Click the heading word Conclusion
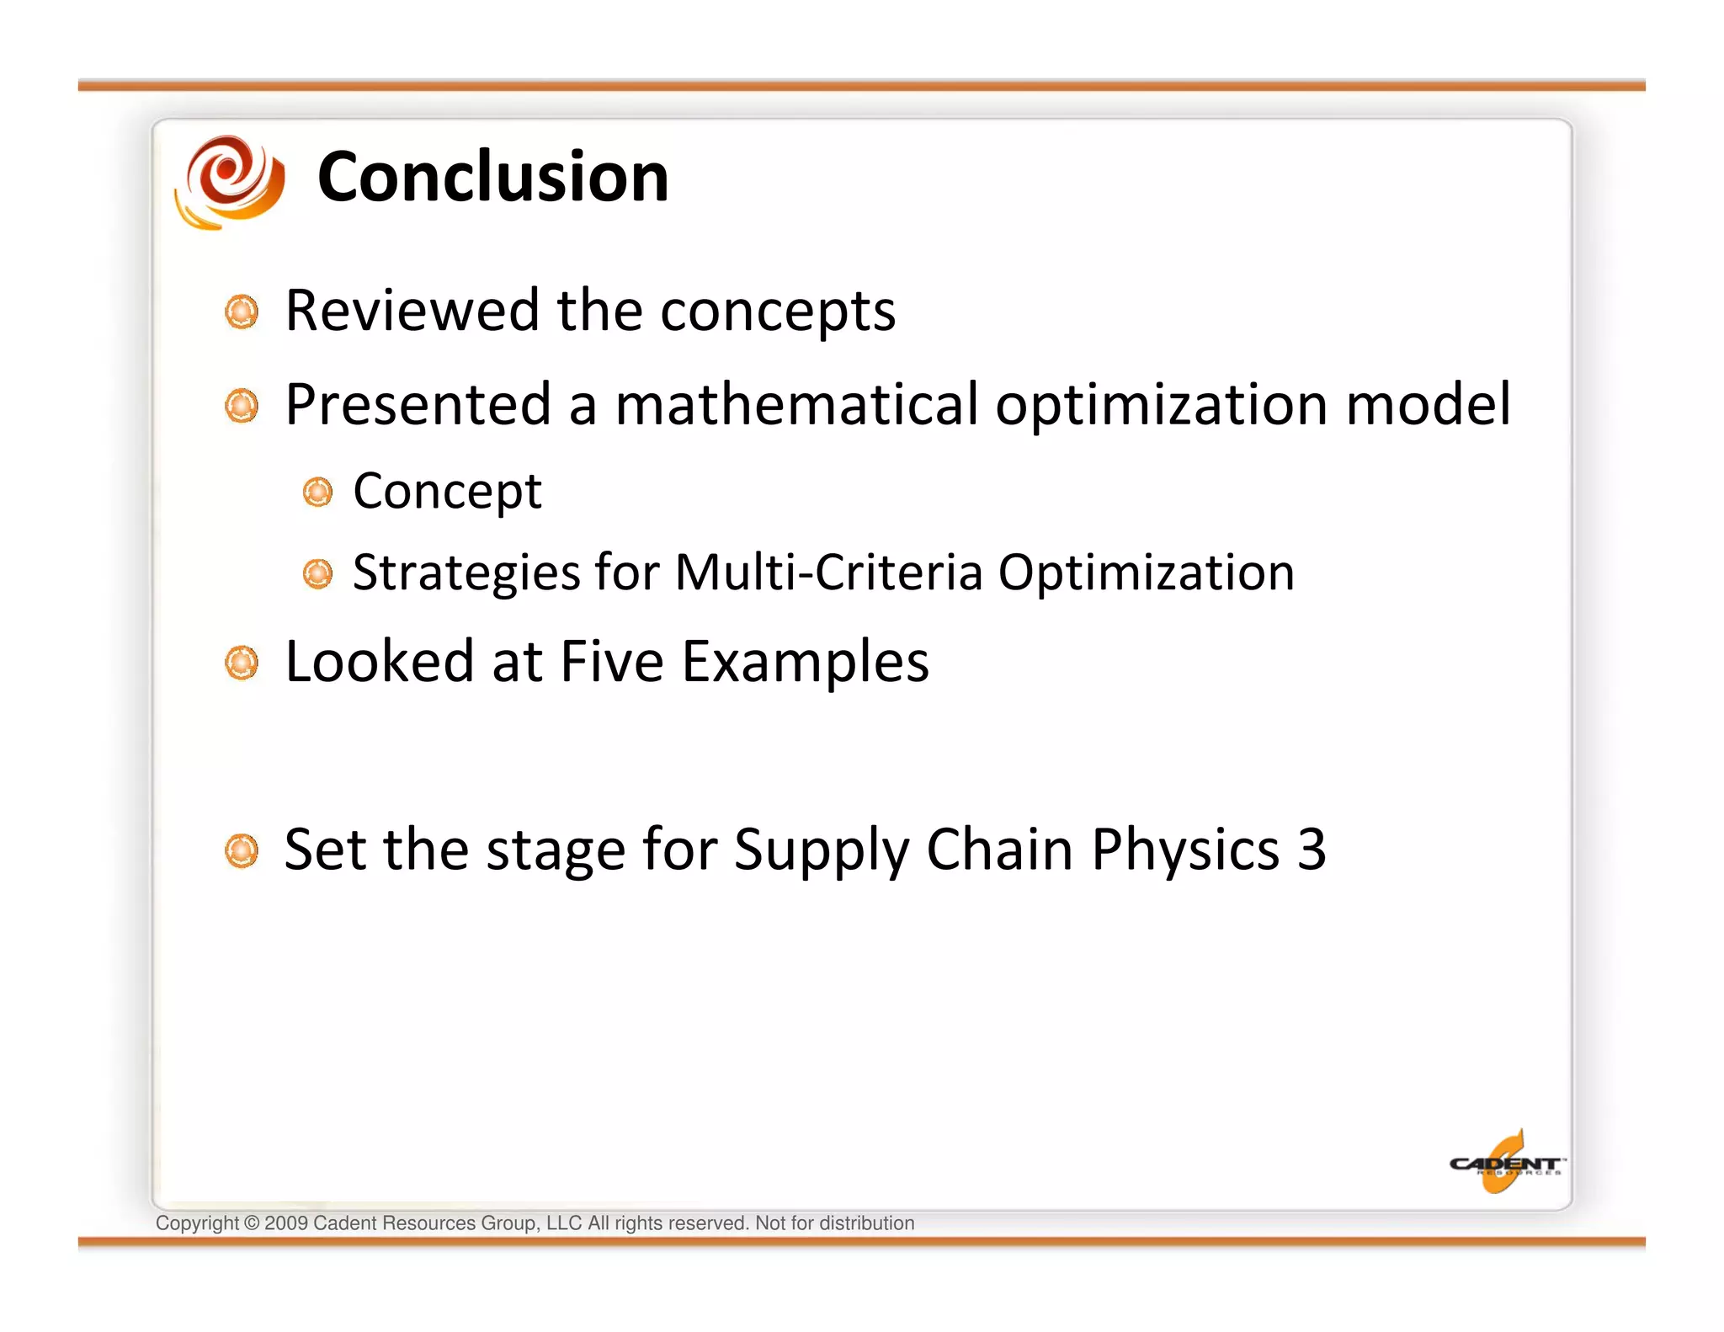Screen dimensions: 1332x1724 [492, 177]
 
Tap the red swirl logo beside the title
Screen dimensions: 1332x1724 [230, 181]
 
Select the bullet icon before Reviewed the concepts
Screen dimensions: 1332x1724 [242, 312]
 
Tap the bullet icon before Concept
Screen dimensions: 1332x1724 [317, 493]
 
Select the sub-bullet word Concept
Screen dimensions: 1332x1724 [447, 491]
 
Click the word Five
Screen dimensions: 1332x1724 [611, 662]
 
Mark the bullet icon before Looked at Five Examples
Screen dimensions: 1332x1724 [242, 663]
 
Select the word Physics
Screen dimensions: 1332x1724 [1185, 850]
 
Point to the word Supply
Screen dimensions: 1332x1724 [822, 850]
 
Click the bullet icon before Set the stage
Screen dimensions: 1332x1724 [242, 851]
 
